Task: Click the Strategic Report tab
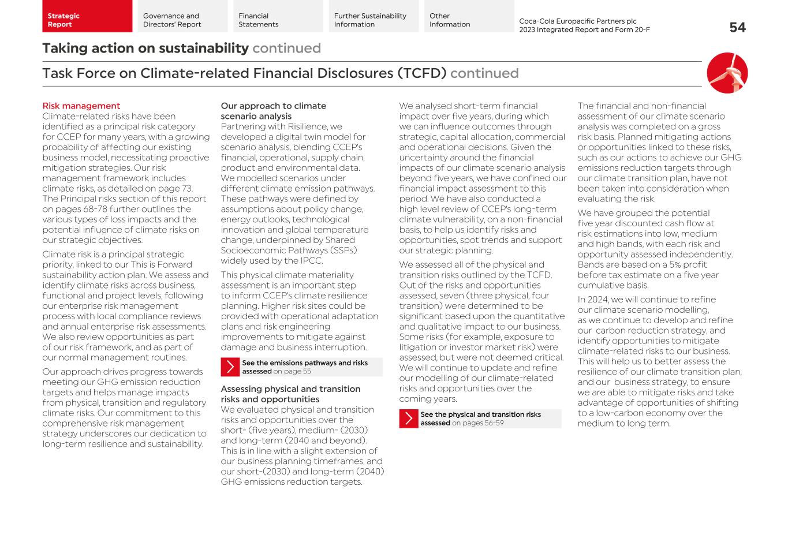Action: click(87, 17)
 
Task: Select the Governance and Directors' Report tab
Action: click(182, 17)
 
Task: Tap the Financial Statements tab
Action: click(278, 17)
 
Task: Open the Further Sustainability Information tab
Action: click(374, 17)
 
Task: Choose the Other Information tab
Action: click(469, 17)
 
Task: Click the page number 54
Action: click(737, 28)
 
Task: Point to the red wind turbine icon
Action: click(727, 73)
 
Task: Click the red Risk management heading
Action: click(81, 106)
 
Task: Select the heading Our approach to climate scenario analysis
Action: click(273, 111)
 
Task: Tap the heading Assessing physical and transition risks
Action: click(290, 394)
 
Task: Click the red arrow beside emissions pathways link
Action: click(230, 367)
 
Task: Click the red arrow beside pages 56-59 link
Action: click(409, 418)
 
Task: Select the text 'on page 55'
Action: click(292, 372)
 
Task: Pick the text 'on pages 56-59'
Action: click(478, 423)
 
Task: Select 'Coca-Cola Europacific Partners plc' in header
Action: click(577, 21)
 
